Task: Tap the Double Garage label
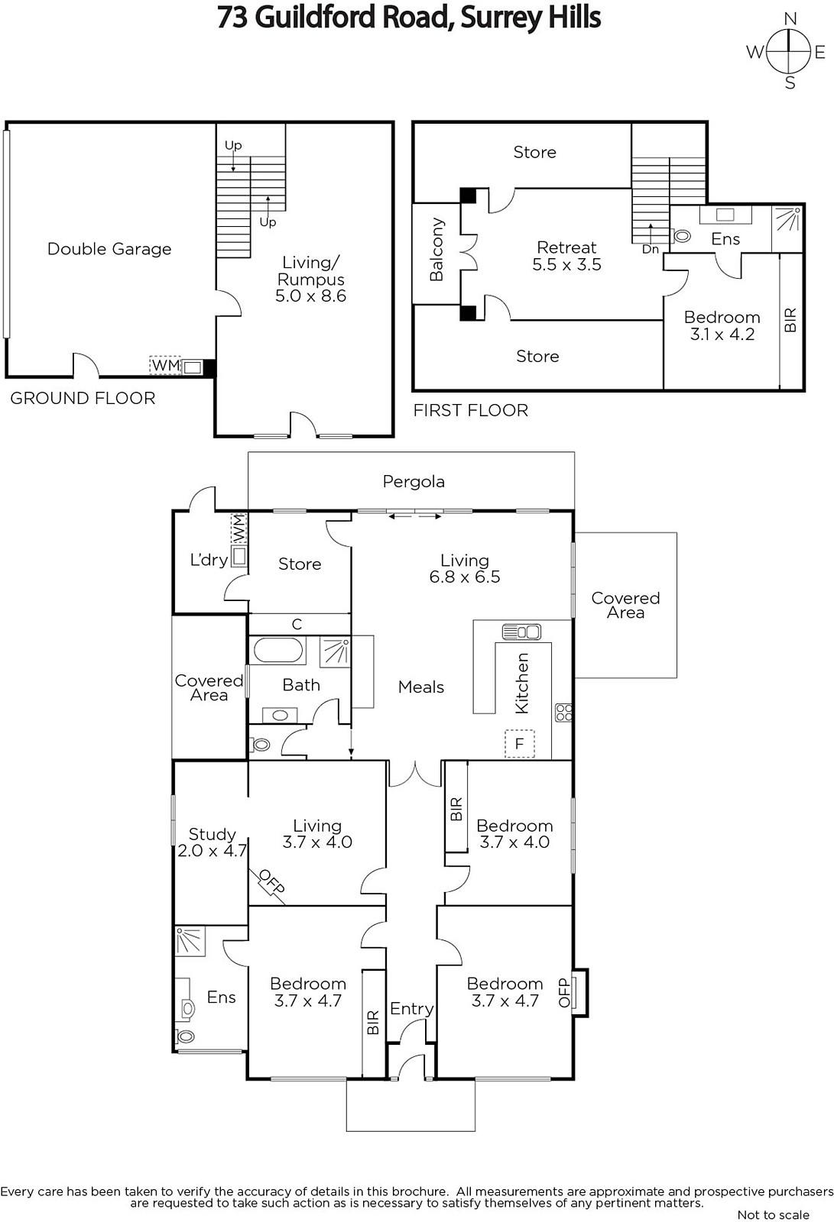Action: click(109, 249)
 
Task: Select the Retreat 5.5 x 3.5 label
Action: click(566, 256)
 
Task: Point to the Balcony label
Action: click(436, 250)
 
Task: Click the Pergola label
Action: click(414, 481)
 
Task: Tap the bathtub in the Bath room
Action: click(278, 650)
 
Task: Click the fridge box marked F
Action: click(519, 743)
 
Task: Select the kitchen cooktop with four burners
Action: click(563, 712)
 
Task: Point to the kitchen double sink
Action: click(521, 632)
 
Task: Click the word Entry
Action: click(412, 1009)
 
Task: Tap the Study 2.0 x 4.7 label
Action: click(212, 842)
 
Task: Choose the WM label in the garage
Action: click(165, 366)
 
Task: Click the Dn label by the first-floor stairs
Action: click(651, 249)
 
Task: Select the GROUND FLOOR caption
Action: click(83, 398)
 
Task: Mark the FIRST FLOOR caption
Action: click(470, 410)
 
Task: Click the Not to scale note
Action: click(773, 1215)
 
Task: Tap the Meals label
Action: click(421, 687)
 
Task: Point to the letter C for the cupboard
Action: click(297, 624)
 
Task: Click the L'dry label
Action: click(209, 560)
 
